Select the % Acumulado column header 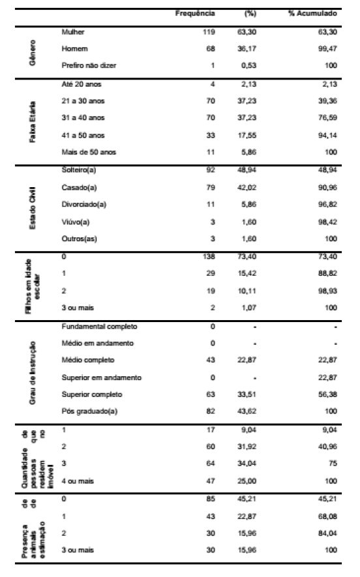click(313, 13)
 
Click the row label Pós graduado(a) click(83, 412)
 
